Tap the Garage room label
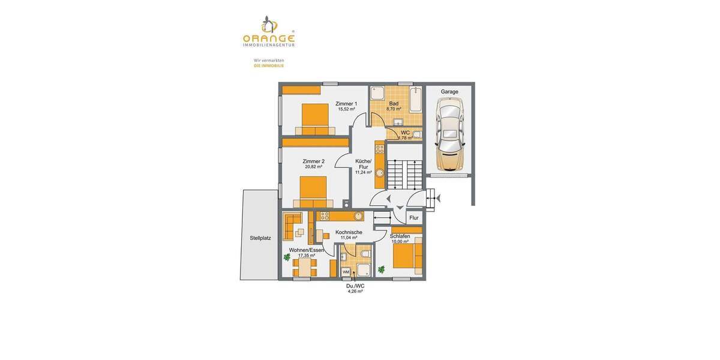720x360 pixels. point(449,92)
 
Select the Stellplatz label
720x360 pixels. point(260,238)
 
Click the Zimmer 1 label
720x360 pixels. point(346,104)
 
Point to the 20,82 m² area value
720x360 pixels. point(313,167)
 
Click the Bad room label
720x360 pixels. point(394,104)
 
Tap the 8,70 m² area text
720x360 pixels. point(394,109)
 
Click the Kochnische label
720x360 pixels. point(349,232)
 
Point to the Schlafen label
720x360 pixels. point(400,236)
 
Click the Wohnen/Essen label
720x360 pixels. point(306,250)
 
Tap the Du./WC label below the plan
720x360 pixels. point(355,286)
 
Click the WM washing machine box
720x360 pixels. point(346,272)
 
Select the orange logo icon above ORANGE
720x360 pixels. point(269,24)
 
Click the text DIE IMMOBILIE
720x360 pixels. point(269,65)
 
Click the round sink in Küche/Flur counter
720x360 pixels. point(379,172)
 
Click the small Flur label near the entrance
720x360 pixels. point(414,218)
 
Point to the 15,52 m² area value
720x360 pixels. point(346,109)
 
